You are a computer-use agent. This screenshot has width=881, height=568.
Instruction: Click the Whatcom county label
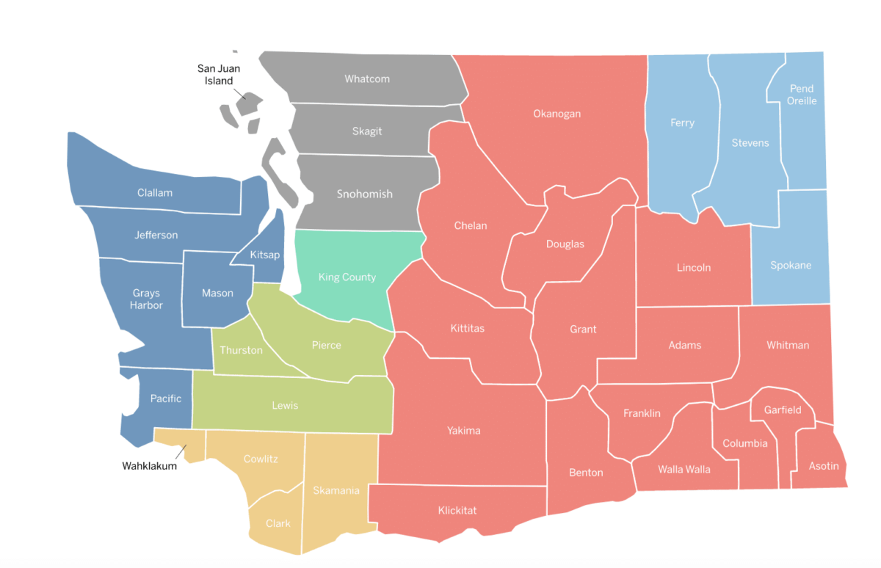[367, 79]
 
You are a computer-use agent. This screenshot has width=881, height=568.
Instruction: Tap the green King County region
[347, 277]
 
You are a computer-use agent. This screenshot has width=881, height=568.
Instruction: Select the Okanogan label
[556, 114]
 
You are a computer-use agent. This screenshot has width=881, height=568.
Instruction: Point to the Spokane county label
[791, 265]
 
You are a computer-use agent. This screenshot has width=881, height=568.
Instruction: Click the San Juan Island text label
[219, 75]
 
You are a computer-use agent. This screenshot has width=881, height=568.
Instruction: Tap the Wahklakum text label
[149, 466]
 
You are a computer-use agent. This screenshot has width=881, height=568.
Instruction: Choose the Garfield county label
[783, 409]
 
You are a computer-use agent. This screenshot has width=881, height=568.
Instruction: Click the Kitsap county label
[264, 255]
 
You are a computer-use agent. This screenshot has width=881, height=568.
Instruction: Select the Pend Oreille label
[802, 95]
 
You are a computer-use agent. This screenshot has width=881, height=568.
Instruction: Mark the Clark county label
[278, 523]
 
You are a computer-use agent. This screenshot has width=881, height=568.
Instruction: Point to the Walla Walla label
[684, 469]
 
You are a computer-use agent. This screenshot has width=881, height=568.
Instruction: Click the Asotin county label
[824, 465]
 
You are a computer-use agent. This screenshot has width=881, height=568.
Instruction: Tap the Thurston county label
[241, 350]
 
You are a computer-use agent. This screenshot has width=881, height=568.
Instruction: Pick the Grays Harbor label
[146, 299]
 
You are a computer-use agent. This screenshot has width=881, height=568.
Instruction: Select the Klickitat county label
[457, 510]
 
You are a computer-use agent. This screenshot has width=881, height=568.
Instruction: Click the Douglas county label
[565, 244]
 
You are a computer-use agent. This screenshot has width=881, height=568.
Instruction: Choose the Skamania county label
[336, 490]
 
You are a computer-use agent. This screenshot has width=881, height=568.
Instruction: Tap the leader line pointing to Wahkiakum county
[180, 452]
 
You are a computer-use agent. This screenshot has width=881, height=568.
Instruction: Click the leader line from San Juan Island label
[241, 93]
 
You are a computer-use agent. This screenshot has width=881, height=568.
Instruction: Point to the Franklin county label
[642, 413]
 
